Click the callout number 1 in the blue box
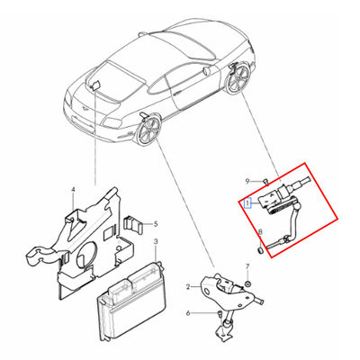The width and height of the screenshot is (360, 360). [247, 203]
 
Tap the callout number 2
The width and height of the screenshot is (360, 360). [188, 287]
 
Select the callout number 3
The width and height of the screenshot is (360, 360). [156, 241]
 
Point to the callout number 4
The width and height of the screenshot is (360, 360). [73, 190]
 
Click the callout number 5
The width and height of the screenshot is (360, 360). [156, 224]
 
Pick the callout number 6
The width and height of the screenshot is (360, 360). [188, 313]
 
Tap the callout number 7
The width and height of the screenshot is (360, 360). [247, 266]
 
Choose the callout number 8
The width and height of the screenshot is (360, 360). [260, 232]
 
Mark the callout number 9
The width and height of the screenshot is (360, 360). [247, 181]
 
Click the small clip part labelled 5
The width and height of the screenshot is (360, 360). [131, 224]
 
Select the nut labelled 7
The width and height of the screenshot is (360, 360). [248, 283]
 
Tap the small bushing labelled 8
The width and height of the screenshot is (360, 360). [260, 249]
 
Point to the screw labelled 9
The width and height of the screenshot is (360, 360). [265, 181]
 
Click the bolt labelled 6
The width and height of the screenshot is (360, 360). [220, 315]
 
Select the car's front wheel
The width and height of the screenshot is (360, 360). [148, 130]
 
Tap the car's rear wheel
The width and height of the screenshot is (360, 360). [238, 78]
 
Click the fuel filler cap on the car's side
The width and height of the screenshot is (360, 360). [206, 71]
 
